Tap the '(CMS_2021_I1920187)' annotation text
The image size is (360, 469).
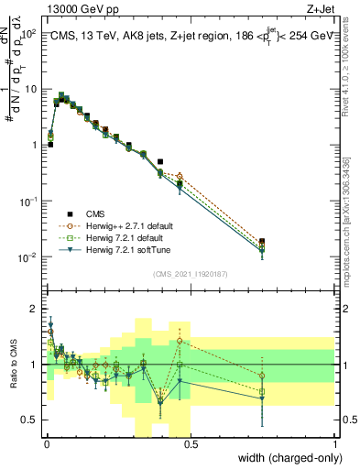pyautogui.click(x=190, y=274)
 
